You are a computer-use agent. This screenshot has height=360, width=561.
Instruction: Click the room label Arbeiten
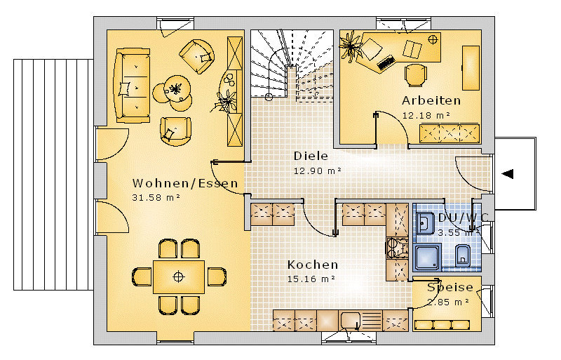coord(431,100)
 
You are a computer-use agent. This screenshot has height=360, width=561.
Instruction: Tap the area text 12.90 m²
coord(318,171)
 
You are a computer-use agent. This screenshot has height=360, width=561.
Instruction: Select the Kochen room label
coord(313,265)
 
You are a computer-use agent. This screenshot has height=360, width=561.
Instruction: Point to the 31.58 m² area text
coord(156,197)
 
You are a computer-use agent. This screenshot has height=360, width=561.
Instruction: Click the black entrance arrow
coord(508,174)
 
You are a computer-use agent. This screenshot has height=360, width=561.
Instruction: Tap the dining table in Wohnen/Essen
coord(179,277)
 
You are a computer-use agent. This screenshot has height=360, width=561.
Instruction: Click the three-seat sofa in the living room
coord(132,85)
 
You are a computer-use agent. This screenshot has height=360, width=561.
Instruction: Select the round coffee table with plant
coord(177,88)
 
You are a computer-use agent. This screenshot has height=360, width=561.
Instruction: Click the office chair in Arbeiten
coord(415,75)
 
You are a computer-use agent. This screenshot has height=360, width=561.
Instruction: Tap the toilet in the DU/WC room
coord(463,255)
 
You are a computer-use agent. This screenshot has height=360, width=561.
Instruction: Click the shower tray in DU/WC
coord(427,257)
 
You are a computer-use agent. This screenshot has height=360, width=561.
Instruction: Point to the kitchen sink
coord(350,320)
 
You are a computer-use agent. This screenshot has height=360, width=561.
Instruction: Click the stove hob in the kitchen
coord(397,248)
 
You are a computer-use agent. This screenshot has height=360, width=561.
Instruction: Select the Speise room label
coord(450,287)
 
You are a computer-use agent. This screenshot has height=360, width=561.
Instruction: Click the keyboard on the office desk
coord(386,62)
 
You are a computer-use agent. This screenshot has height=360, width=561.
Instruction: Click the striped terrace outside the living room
coord(54,175)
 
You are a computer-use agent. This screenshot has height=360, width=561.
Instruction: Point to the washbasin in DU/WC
coord(425,224)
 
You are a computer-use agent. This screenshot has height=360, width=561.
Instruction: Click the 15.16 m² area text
coord(311,279)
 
